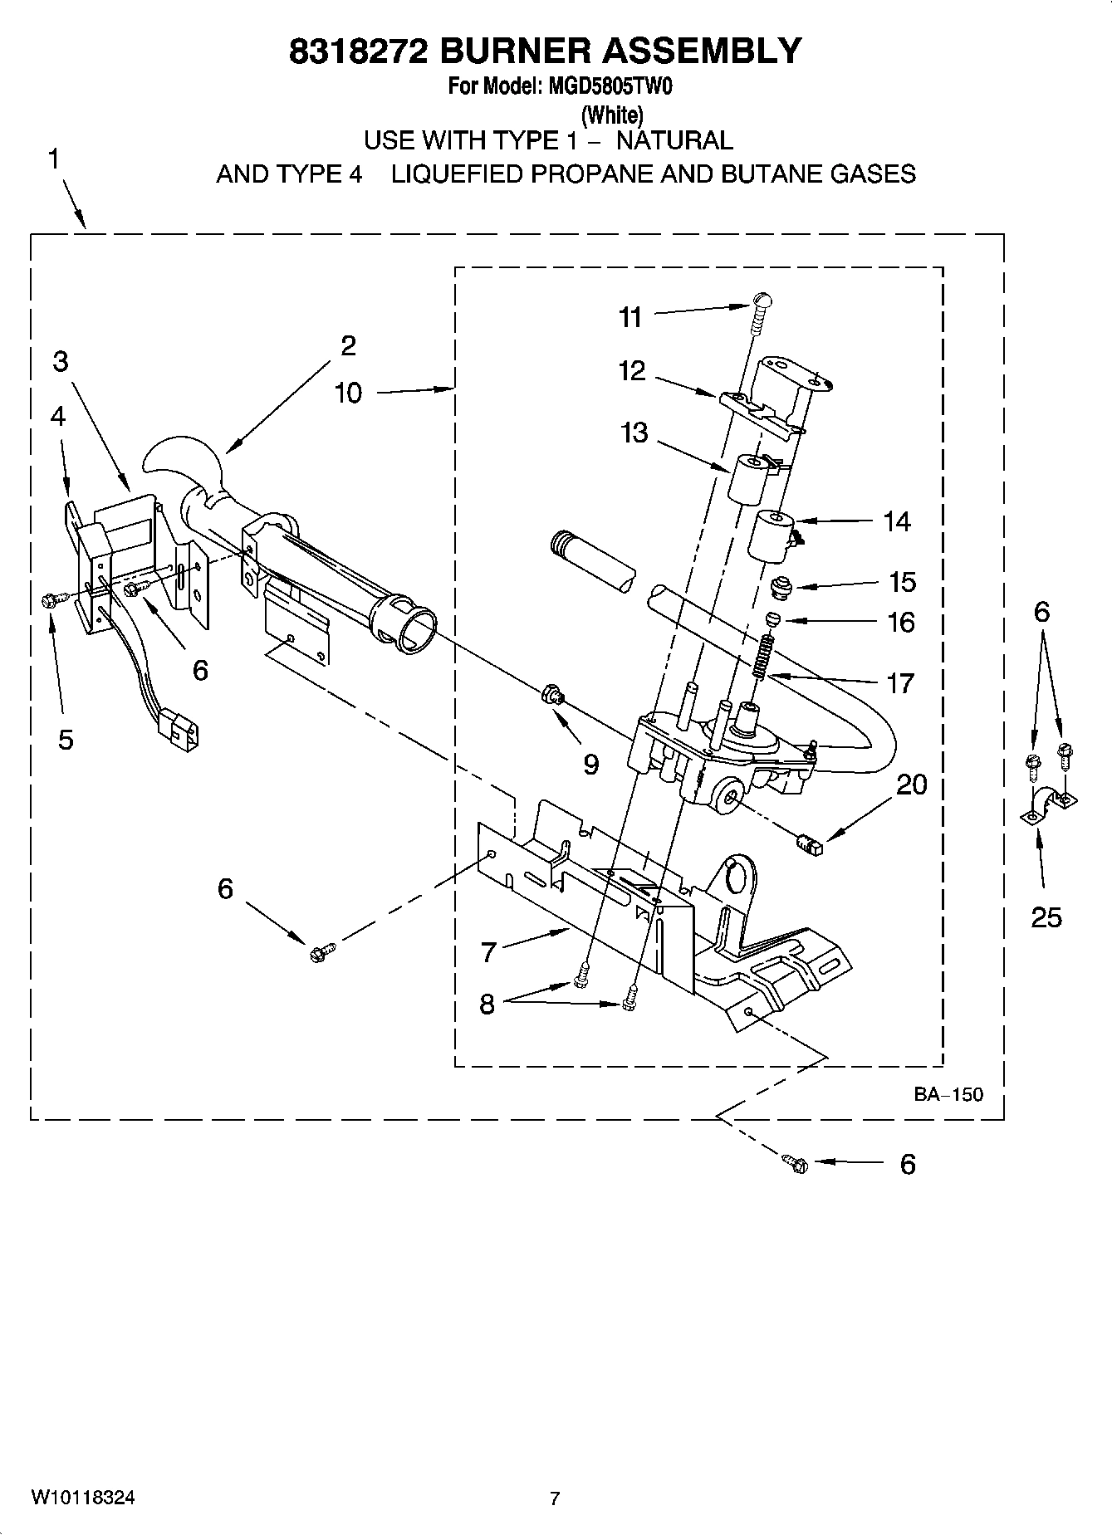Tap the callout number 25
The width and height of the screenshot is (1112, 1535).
pyautogui.click(x=1046, y=917)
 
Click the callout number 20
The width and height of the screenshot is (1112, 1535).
pyautogui.click(x=911, y=785)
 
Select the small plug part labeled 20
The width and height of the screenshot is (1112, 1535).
pyautogui.click(x=807, y=845)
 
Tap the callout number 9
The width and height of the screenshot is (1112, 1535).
pyautogui.click(x=590, y=764)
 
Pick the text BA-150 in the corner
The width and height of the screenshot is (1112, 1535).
pyautogui.click(x=948, y=1094)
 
